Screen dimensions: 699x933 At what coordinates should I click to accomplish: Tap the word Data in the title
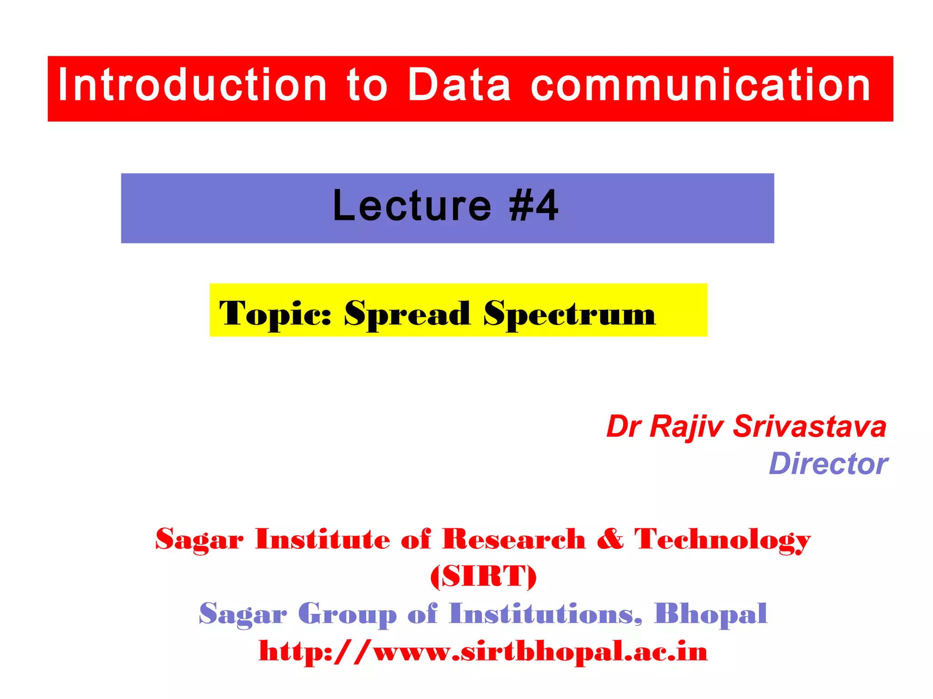(459, 85)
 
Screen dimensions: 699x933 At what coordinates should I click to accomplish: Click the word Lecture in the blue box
(412, 206)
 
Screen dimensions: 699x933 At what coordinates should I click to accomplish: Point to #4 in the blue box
(533, 206)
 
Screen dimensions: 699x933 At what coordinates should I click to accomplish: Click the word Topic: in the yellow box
(275, 314)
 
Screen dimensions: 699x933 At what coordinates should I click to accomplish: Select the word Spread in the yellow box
(407, 314)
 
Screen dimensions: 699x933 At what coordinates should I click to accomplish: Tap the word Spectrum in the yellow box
(569, 314)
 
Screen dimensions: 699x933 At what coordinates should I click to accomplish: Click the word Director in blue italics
(828, 464)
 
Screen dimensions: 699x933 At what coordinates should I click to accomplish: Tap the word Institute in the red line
(323, 540)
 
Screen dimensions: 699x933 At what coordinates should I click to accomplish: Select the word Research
(514, 540)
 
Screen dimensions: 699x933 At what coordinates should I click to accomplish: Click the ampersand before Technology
(610, 540)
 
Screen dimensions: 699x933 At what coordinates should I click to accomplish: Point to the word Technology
(723, 541)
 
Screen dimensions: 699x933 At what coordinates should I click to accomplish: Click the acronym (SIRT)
(483, 577)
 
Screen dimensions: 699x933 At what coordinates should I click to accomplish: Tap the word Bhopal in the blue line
(711, 615)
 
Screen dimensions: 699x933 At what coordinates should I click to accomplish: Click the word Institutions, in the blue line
(545, 614)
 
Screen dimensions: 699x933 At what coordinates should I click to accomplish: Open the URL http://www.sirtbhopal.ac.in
(483, 652)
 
